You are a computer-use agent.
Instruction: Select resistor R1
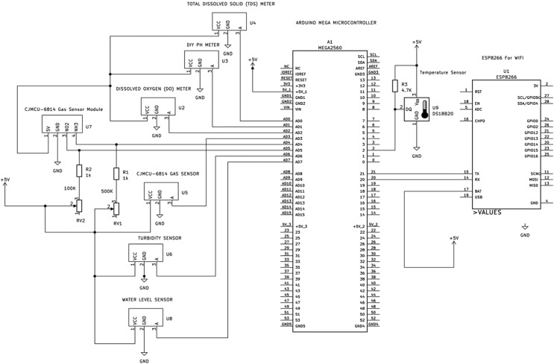[x=116, y=173]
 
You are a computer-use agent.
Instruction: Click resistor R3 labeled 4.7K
[x=394, y=87]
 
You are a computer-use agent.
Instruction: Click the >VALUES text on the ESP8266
[x=491, y=212]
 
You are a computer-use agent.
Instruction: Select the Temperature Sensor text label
[x=442, y=72]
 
